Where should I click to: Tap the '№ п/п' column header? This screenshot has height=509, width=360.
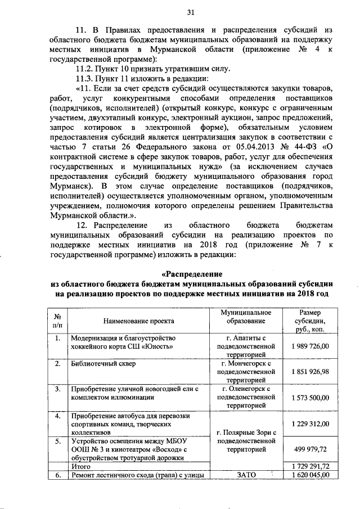(57, 321)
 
